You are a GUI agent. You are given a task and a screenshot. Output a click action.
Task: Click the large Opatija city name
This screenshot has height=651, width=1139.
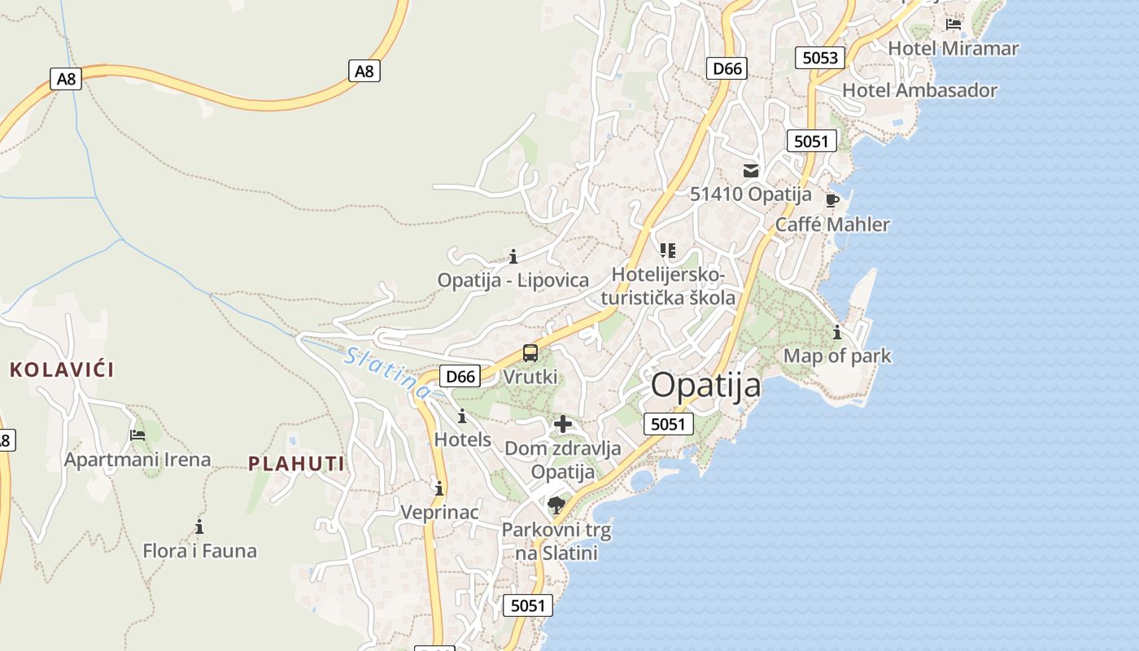(x=706, y=385)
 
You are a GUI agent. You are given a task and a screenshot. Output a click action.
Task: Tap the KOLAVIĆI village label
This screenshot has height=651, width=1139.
(x=62, y=369)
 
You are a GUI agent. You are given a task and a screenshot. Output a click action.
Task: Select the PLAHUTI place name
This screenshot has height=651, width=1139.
(x=296, y=464)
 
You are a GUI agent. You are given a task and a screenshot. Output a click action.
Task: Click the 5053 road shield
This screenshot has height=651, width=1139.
(x=819, y=57)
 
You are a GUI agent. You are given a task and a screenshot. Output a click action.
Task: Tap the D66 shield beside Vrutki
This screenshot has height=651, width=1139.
(x=460, y=376)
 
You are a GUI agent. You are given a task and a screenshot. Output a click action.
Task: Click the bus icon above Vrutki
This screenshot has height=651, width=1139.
(x=530, y=353)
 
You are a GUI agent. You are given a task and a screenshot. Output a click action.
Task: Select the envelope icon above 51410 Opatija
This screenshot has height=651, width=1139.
(x=750, y=171)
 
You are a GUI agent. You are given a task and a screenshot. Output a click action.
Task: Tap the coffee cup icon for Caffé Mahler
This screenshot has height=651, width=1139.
(x=831, y=200)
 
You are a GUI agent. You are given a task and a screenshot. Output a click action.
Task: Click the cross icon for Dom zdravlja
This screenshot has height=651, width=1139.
(x=562, y=424)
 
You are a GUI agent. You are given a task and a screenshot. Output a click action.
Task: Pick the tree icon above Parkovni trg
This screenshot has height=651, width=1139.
(x=556, y=505)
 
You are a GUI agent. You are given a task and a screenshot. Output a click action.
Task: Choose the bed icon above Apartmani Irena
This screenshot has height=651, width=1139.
(x=137, y=435)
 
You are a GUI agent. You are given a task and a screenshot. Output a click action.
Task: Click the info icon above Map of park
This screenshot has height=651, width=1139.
(x=836, y=332)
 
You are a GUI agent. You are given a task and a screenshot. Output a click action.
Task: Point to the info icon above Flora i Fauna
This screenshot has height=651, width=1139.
(x=199, y=526)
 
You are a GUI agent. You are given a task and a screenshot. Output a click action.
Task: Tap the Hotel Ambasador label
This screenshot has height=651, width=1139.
(x=919, y=90)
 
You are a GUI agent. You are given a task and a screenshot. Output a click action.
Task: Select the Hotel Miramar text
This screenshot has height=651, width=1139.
(x=953, y=48)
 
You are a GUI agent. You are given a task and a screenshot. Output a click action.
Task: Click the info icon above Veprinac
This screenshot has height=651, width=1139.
(x=439, y=488)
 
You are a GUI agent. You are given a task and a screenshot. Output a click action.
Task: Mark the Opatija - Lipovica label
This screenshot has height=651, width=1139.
(x=513, y=280)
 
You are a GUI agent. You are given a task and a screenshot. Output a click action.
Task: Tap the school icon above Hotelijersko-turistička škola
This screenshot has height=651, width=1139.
(x=668, y=250)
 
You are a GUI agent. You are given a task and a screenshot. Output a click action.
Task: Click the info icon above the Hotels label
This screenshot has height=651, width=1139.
(x=462, y=416)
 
